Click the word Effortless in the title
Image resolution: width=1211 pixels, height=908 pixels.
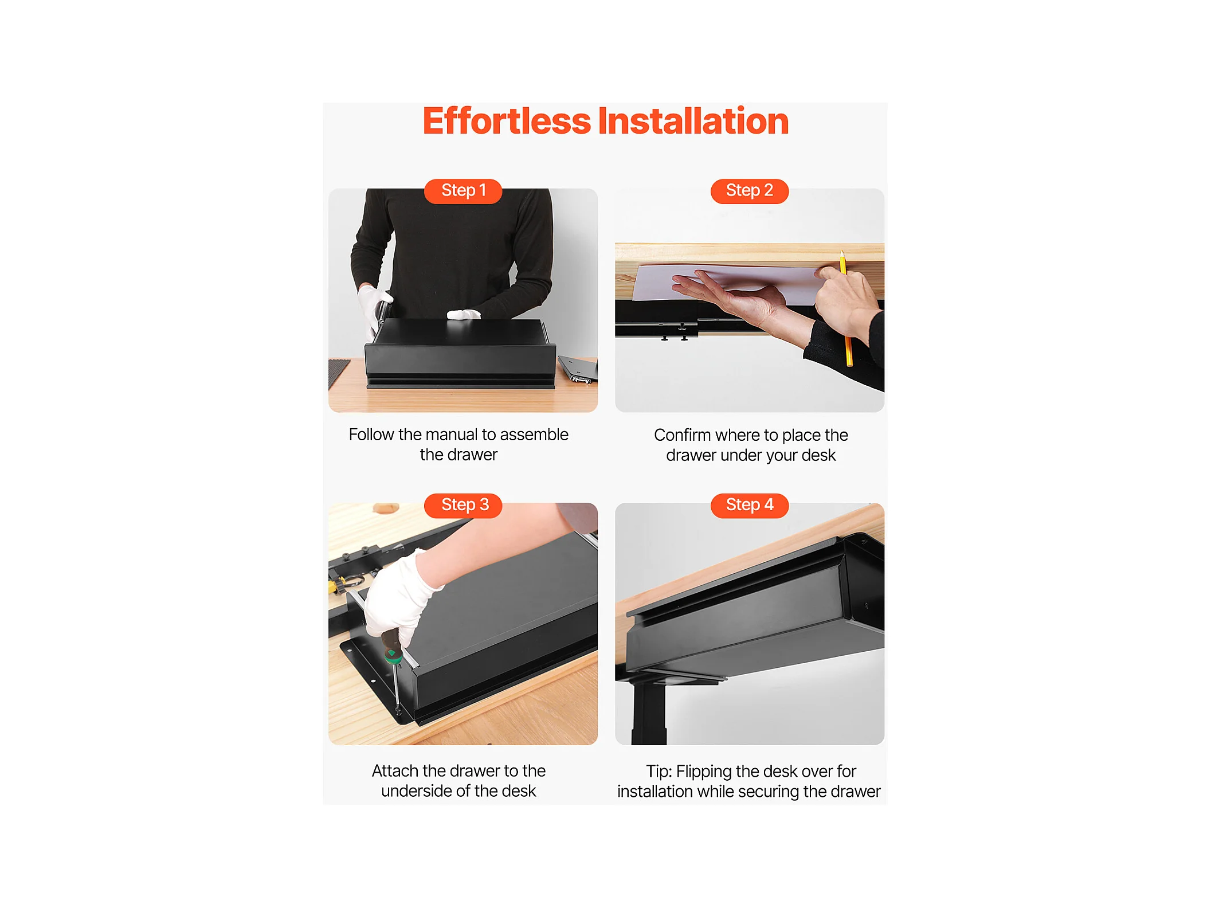(507, 121)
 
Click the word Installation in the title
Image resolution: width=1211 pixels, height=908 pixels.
(693, 121)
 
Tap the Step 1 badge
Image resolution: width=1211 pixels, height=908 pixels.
(463, 190)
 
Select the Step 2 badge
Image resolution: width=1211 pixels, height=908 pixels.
(750, 190)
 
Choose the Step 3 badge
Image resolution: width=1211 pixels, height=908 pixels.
(463, 505)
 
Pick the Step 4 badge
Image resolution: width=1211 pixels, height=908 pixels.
(750, 505)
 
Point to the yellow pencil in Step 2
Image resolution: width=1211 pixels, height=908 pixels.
(846, 310)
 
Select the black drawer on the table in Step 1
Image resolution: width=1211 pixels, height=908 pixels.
(461, 354)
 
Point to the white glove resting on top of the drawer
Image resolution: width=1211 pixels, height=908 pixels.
(464, 314)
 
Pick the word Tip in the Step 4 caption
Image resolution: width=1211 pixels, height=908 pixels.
(659, 772)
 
